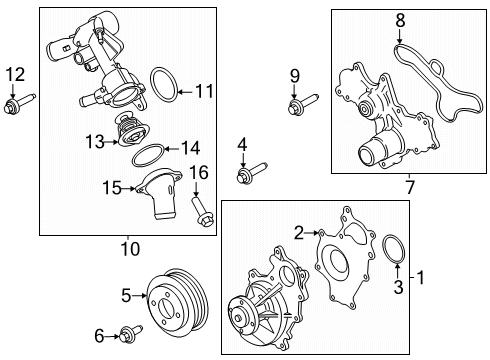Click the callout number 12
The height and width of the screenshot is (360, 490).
tap(13, 73)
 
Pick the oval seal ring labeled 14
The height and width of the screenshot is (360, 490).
tap(147, 156)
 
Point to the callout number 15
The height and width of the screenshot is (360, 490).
tap(110, 187)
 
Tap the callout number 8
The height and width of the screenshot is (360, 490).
tap(399, 19)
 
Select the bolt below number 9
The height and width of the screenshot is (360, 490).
tap(299, 106)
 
